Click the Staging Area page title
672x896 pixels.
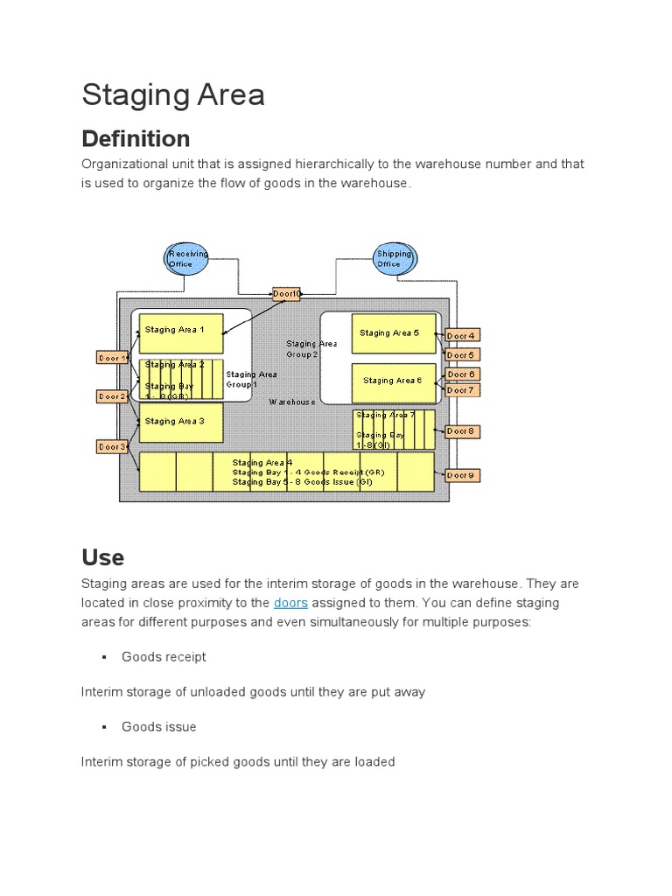(x=173, y=95)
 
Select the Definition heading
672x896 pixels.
(x=136, y=138)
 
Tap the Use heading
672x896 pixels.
(x=103, y=557)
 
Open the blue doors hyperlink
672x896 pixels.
(x=290, y=603)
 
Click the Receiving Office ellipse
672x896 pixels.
(x=188, y=258)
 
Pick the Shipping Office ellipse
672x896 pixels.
(x=393, y=258)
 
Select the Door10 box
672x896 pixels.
(x=287, y=294)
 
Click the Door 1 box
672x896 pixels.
(x=112, y=357)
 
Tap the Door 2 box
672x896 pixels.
(x=112, y=396)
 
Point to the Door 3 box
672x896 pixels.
(x=112, y=447)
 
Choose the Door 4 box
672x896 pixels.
(x=462, y=335)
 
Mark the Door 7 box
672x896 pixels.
(x=462, y=390)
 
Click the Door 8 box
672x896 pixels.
(x=462, y=430)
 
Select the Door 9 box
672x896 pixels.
(x=462, y=475)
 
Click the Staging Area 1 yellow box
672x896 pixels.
(x=181, y=333)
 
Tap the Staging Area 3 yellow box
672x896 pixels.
(x=181, y=423)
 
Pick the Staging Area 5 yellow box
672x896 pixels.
(x=393, y=333)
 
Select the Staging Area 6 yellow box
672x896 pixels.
(x=393, y=381)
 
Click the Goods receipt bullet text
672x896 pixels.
(x=164, y=656)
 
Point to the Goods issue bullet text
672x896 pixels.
(x=159, y=726)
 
